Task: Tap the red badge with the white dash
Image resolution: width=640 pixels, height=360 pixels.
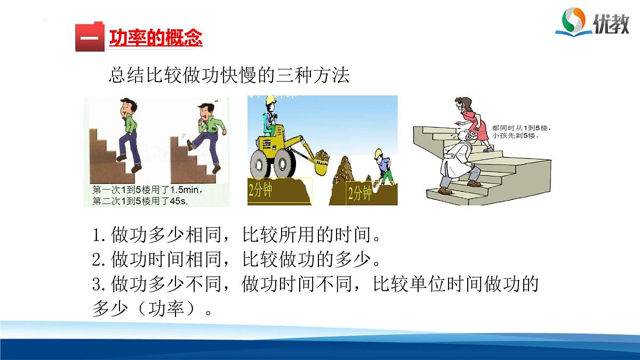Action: [89, 37]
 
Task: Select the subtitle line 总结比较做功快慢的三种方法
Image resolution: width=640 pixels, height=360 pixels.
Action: [229, 75]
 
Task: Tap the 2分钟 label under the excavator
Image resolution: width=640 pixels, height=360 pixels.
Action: [260, 190]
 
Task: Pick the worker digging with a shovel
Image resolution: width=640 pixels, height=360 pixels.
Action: [381, 166]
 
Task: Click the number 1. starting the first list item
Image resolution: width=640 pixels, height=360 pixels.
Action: [100, 235]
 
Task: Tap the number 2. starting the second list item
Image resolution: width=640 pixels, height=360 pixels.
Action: [100, 260]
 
